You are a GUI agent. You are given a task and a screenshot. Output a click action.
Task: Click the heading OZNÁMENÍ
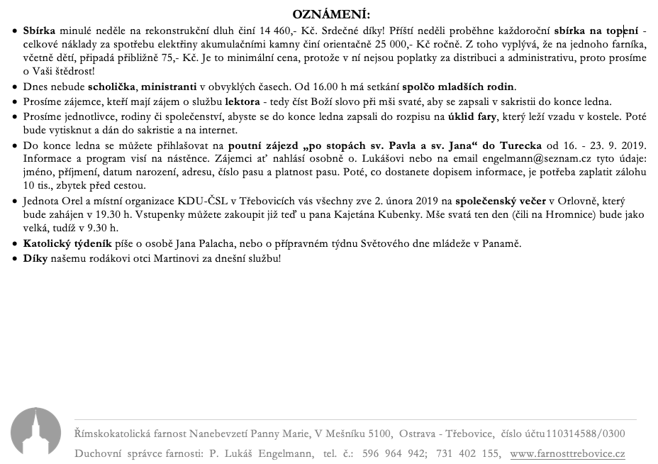(331, 14)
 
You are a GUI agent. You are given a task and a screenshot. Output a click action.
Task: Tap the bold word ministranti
(169, 87)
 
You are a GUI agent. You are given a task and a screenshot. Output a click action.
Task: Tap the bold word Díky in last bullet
(35, 258)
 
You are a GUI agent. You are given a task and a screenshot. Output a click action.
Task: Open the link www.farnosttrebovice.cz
(567, 453)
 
